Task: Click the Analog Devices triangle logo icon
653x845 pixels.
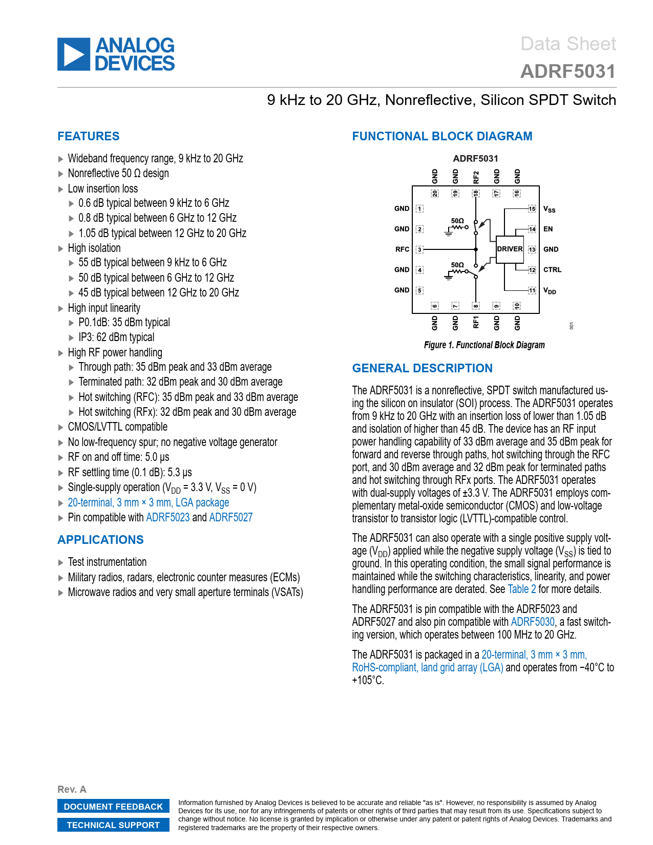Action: pyautogui.click(x=74, y=54)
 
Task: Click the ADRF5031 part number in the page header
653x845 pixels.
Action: pyautogui.click(x=567, y=72)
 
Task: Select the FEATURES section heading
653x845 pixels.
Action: pyautogui.click(x=88, y=136)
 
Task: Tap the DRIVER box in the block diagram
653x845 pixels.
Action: pyautogui.click(x=510, y=249)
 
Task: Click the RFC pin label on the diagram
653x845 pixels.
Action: pyautogui.click(x=402, y=249)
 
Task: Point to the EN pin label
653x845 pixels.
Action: pyautogui.click(x=548, y=229)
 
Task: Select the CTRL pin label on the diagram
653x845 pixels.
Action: pyautogui.click(x=552, y=270)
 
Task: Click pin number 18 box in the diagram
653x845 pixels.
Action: pyautogui.click(x=476, y=193)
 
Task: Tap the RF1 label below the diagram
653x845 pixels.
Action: pyautogui.click(x=476, y=322)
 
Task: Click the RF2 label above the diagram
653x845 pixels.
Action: pyautogui.click(x=476, y=177)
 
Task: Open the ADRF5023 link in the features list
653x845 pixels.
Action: pyautogui.click(x=168, y=517)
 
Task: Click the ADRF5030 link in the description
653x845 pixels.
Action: pyautogui.click(x=533, y=622)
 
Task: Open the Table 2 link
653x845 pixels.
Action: pyautogui.click(x=521, y=589)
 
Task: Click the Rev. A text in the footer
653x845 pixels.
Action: pyautogui.click(x=72, y=789)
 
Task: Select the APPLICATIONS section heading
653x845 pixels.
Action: pyautogui.click(x=100, y=540)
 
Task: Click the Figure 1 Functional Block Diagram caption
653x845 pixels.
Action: pyautogui.click(x=484, y=345)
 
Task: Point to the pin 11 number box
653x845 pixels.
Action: pyautogui.click(x=532, y=290)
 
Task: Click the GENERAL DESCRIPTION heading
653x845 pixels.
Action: pyautogui.click(x=422, y=368)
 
